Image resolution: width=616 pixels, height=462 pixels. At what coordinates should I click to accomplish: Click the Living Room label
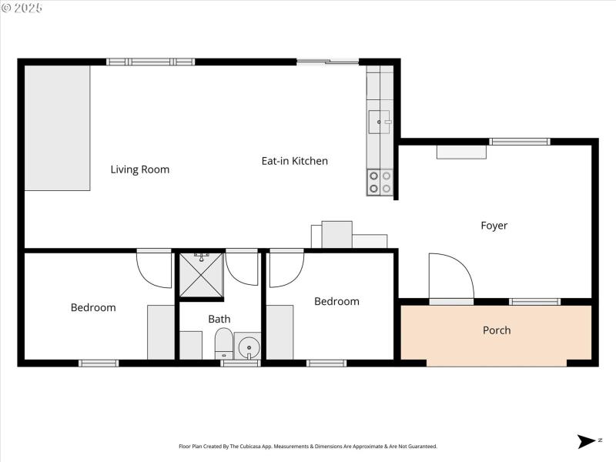pyautogui.click(x=139, y=169)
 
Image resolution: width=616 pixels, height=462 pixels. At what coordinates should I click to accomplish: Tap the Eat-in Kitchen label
pyautogui.click(x=294, y=161)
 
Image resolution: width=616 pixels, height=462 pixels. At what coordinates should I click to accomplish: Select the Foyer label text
pyautogui.click(x=494, y=226)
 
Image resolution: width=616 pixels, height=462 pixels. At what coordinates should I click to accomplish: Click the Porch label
pyautogui.click(x=497, y=330)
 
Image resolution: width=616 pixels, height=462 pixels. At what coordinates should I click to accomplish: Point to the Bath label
pyautogui.click(x=219, y=319)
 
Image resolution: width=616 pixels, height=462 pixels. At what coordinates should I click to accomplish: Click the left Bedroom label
pyautogui.click(x=93, y=307)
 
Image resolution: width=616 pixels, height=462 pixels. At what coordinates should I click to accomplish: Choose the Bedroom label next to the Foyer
pyautogui.click(x=336, y=301)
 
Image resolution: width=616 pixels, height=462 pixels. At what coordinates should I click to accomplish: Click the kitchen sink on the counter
pyautogui.click(x=380, y=121)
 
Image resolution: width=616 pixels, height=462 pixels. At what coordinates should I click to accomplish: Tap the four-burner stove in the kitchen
pyautogui.click(x=380, y=182)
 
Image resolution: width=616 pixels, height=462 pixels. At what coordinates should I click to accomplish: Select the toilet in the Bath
pyautogui.click(x=224, y=343)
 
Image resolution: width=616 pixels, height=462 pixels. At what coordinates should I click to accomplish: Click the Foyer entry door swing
pyautogui.click(x=450, y=277)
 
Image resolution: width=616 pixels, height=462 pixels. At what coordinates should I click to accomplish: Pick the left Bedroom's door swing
pyautogui.click(x=153, y=269)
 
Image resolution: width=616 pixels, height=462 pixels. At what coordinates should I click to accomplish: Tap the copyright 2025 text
pyautogui.click(x=22, y=8)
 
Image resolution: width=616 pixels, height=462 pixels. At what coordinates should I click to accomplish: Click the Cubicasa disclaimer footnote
pyautogui.click(x=308, y=447)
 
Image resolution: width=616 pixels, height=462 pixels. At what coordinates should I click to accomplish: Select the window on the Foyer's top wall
pyautogui.click(x=520, y=142)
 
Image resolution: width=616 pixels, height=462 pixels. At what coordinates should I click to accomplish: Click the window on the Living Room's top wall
pyautogui.click(x=150, y=62)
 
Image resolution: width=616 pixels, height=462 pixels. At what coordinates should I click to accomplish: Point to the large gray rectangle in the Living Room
pyautogui.click(x=58, y=127)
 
